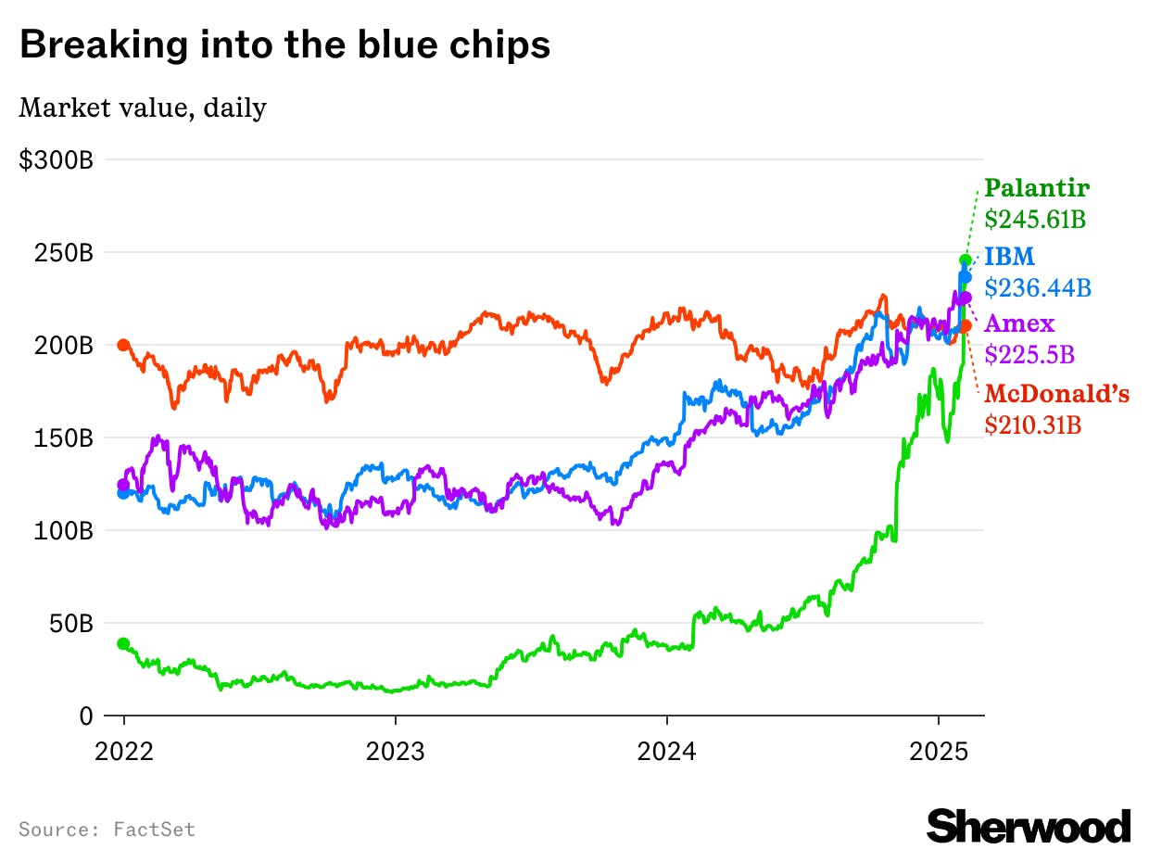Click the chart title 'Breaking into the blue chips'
point(284,44)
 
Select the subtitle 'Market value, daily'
point(143,108)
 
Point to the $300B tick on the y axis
point(56,159)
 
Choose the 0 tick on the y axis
point(85,716)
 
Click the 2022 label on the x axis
point(124,751)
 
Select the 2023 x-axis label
point(395,751)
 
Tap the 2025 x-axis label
point(938,751)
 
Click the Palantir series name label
point(1037,188)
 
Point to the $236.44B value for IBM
point(1037,287)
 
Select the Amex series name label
point(1019,323)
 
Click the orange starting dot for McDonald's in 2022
point(124,345)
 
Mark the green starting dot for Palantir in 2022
point(124,643)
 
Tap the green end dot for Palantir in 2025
point(965,260)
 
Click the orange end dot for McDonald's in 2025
point(965,326)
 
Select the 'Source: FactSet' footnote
point(107,829)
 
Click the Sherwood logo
point(1029,826)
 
